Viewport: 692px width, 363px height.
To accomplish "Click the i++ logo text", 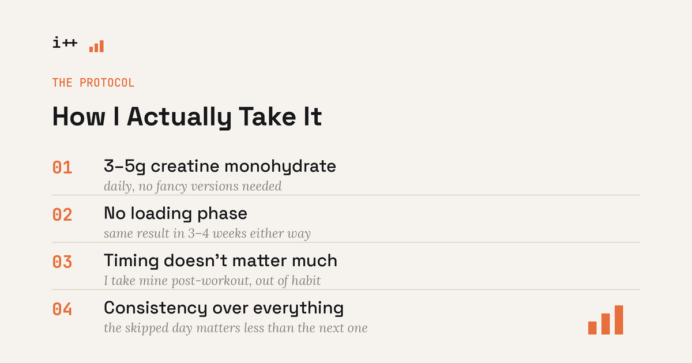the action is pos(65,42).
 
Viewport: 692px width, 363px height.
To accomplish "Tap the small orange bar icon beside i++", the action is pos(96,46).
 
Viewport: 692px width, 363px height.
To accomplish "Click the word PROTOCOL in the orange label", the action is pos(107,83).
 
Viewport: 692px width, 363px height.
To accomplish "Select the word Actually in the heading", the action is pos(179,117).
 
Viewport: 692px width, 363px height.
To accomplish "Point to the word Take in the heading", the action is pos(268,116).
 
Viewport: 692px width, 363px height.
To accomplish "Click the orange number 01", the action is pos(62,168).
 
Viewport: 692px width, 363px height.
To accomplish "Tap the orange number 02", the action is pos(62,215).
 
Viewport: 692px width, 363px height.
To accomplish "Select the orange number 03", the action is pos(62,262).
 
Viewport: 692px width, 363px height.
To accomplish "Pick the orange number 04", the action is pos(62,309).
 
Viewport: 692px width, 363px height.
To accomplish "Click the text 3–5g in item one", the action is pos(125,167).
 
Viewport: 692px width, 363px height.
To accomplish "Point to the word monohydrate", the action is pos(280,167).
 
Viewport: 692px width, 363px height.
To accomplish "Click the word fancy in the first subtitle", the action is pos(171,187).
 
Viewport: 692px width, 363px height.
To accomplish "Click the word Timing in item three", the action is pos(131,261).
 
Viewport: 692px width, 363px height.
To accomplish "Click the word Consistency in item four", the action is pos(155,308).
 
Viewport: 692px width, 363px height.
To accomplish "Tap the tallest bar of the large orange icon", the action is pos(619,320).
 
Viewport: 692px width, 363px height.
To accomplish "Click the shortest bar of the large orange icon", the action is pos(592,328).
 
